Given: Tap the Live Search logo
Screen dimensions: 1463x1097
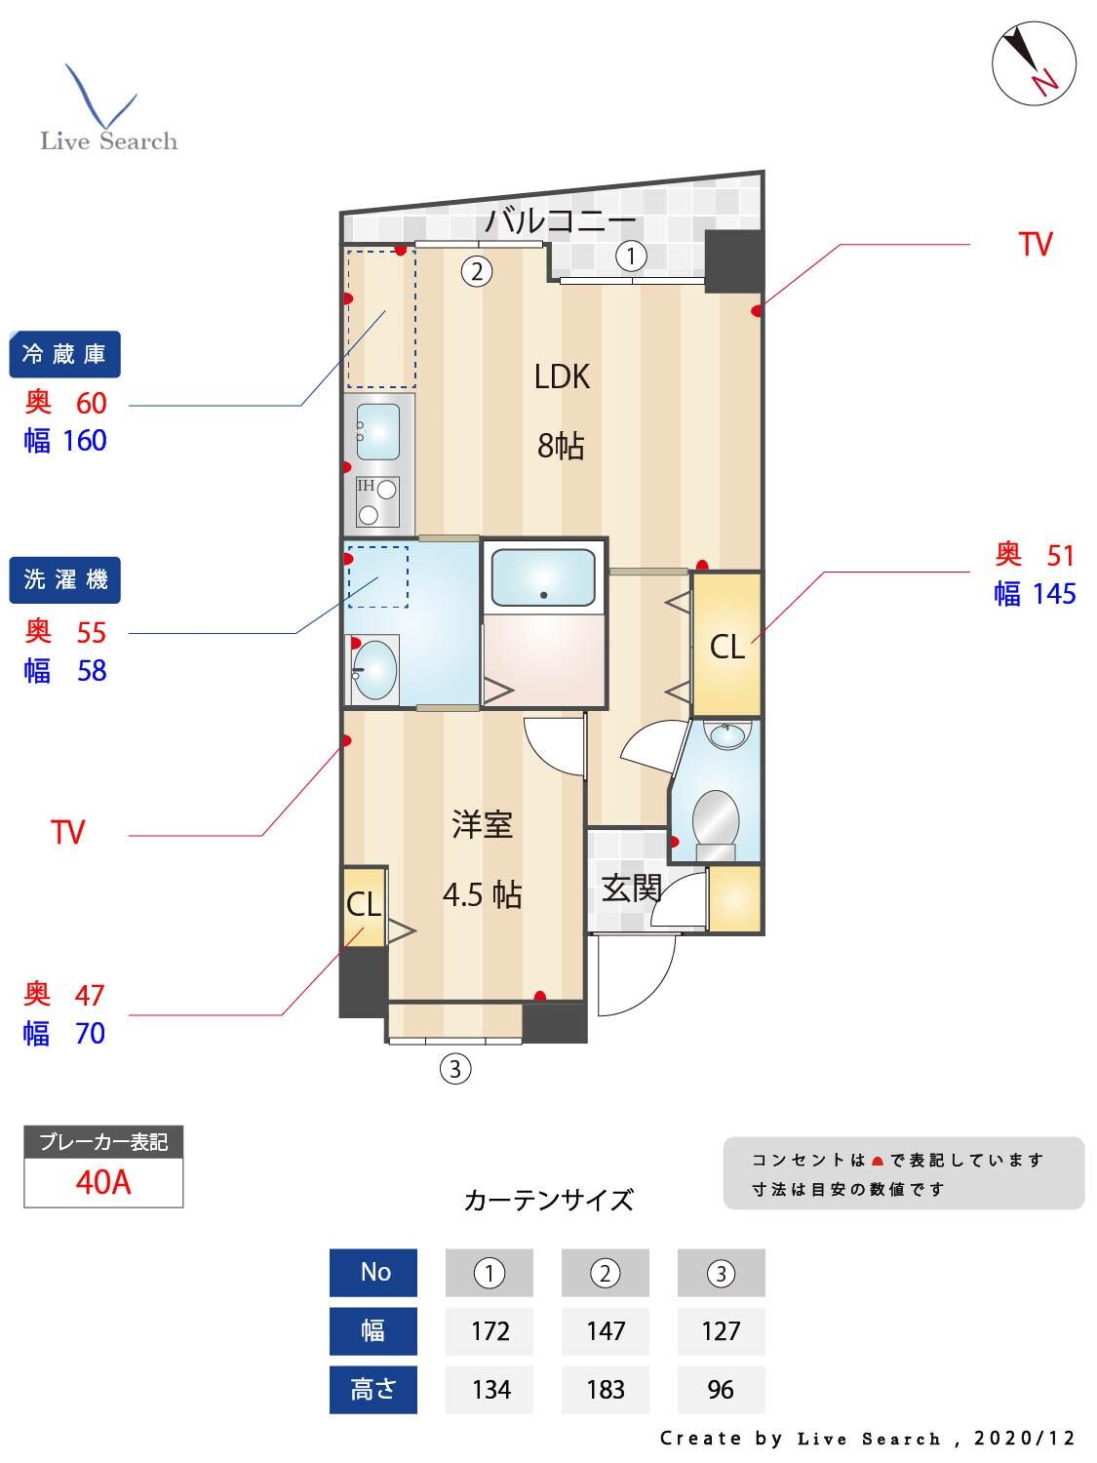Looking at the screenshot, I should tap(108, 110).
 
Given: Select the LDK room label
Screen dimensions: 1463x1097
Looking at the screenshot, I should tap(562, 376).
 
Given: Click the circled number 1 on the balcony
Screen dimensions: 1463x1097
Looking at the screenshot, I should tap(631, 257).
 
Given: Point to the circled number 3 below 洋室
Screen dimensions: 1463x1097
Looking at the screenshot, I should tap(454, 1069).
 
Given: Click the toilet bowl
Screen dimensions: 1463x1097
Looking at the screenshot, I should tap(715, 819).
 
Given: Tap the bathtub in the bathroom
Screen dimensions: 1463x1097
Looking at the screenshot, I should tap(542, 577).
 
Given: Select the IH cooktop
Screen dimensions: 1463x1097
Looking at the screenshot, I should tap(377, 501).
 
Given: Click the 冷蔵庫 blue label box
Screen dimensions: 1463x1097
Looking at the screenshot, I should tap(64, 354).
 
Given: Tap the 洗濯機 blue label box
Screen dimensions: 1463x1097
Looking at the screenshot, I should tap(64, 579).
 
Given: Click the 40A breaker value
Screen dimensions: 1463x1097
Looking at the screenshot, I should tap(103, 1182).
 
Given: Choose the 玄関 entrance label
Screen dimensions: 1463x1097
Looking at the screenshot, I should tap(632, 889).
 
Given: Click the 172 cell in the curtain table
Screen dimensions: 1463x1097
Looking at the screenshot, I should tap(490, 1331).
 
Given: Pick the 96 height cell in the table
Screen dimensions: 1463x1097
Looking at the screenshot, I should tap(721, 1390).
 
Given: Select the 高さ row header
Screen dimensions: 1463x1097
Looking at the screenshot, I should tap(373, 1390).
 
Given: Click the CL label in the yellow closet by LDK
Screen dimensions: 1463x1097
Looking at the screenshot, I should tap(727, 647).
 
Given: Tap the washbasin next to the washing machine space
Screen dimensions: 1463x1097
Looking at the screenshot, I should tap(373, 669).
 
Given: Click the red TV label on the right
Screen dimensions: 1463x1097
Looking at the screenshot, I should tap(1035, 244).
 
